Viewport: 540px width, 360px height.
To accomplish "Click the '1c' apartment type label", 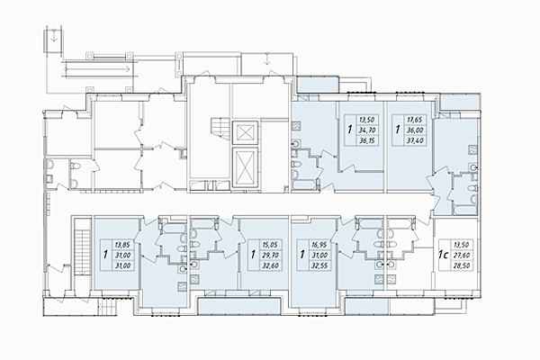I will (x=445, y=255).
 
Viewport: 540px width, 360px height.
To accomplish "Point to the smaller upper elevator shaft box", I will (x=244, y=131).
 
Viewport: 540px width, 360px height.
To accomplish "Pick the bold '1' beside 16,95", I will (x=301, y=255).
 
